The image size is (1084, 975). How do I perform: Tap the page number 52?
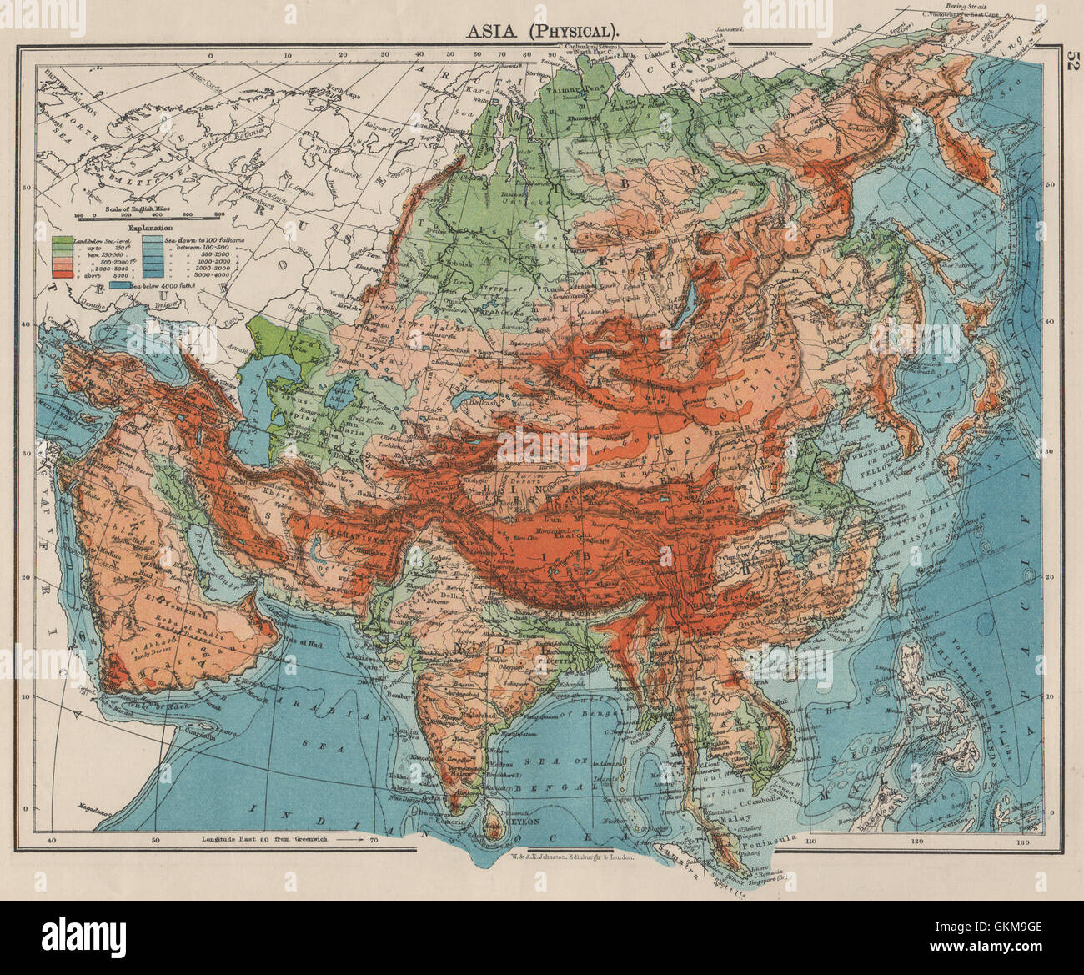click(x=1070, y=64)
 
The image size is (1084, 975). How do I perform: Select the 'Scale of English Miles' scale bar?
click(x=150, y=216)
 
